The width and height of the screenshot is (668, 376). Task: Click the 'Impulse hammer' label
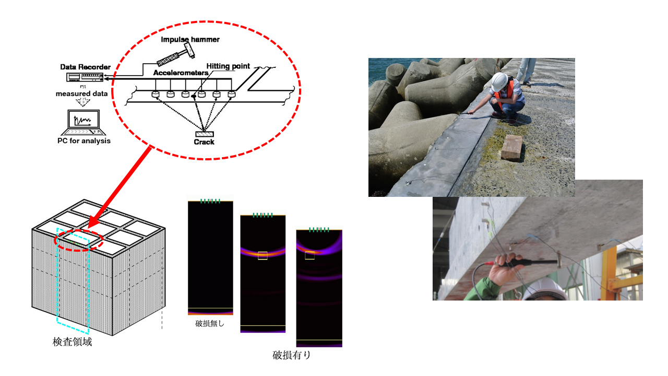pos(190,39)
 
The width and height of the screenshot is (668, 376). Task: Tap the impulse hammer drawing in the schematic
pos(176,54)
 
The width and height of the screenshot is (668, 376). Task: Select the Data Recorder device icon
pos(85,77)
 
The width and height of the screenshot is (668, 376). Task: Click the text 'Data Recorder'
pos(85,67)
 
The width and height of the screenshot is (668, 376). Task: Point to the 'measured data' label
pos(81,93)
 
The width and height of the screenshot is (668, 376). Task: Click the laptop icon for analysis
pos(83,123)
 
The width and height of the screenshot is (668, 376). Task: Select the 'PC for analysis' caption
pos(84,141)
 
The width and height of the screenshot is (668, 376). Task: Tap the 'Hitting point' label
pos(228,66)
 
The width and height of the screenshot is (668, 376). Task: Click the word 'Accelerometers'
pos(181,73)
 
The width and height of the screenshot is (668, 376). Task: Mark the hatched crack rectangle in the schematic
pos(204,134)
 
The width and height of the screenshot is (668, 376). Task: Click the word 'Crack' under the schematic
pos(204,142)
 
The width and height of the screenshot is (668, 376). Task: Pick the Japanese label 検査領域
pos(72,342)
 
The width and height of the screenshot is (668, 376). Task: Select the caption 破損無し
pos(209,323)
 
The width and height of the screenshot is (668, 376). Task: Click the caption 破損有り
pos(291,355)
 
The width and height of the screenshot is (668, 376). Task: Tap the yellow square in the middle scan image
pos(263,256)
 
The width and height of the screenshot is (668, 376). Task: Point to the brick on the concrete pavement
pos(512,148)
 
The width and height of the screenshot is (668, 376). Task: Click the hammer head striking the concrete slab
pos(559,259)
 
